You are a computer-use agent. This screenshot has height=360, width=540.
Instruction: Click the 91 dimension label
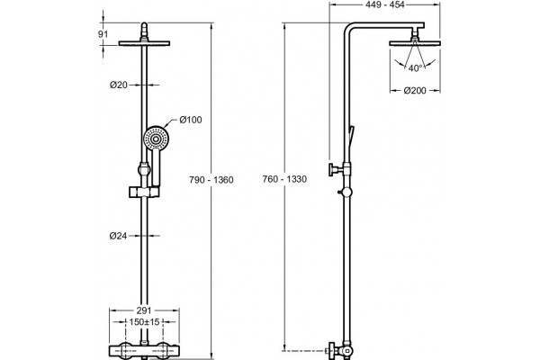click(103, 34)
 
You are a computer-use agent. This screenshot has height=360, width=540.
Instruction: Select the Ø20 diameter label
click(119, 85)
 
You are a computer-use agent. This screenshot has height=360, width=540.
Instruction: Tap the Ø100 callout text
click(191, 120)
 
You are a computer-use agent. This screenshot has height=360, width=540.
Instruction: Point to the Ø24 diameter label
click(119, 236)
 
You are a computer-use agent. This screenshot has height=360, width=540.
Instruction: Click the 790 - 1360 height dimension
click(211, 180)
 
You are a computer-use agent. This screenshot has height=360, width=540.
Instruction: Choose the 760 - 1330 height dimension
click(284, 179)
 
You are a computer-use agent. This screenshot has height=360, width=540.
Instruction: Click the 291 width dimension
click(144, 310)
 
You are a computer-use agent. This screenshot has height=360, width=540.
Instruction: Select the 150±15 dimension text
click(145, 322)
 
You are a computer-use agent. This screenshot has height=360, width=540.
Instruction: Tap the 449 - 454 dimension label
click(384, 4)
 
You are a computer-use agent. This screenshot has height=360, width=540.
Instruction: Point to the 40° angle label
click(415, 68)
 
